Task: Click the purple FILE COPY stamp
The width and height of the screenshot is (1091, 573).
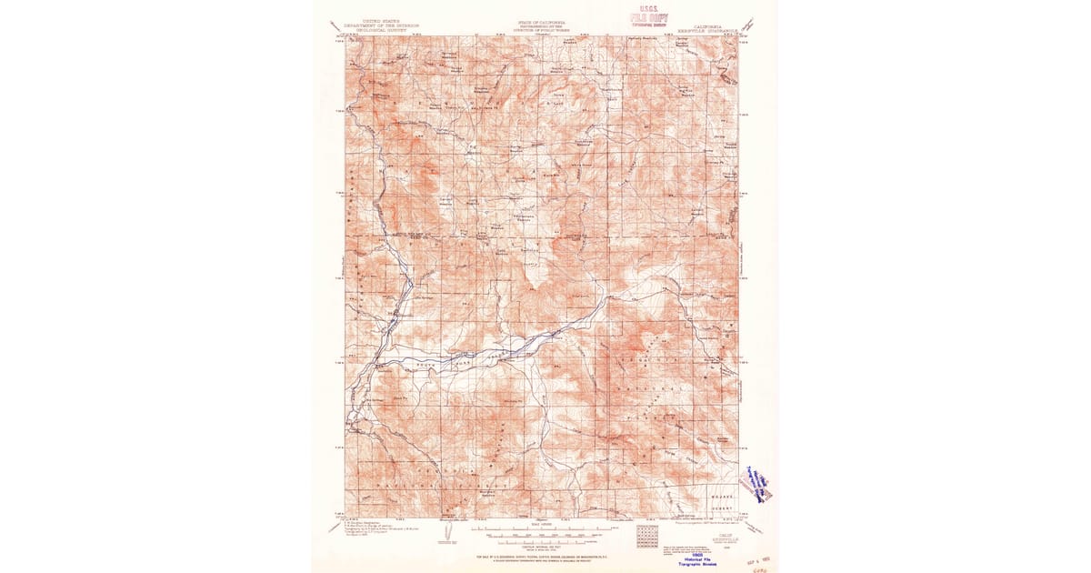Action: point(649,18)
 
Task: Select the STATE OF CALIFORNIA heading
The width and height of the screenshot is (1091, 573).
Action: point(542,22)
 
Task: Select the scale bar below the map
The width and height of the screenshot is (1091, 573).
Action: point(541,528)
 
